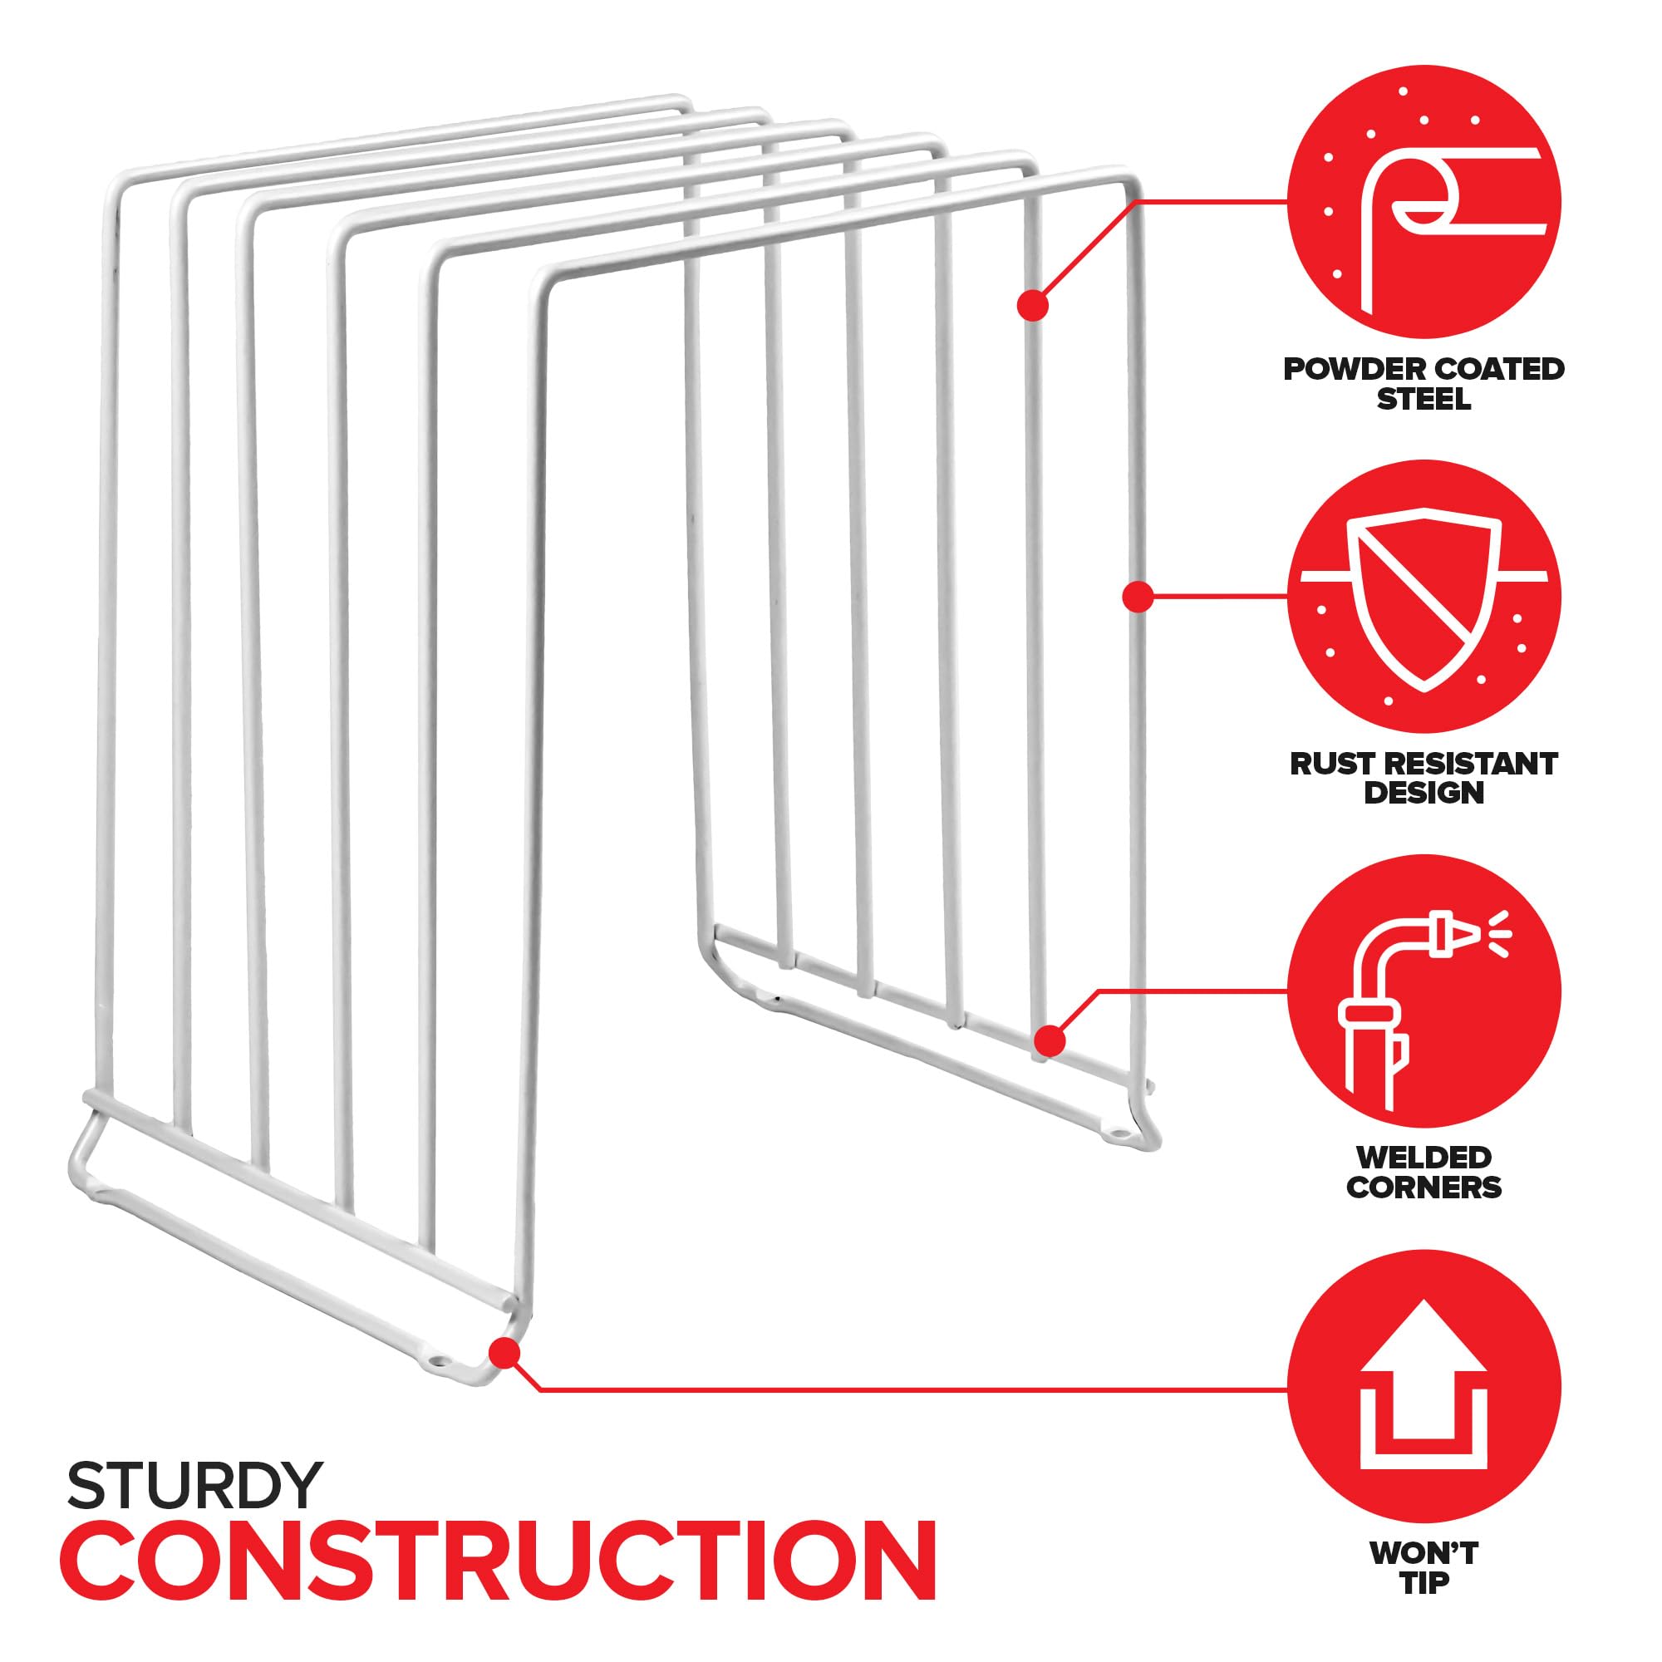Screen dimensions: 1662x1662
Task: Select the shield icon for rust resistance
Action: [x=1424, y=597]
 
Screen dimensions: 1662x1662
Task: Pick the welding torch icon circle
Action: [x=1424, y=991]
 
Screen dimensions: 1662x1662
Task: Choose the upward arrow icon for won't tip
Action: [x=1424, y=1389]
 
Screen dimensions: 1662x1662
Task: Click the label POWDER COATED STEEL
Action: [x=1424, y=384]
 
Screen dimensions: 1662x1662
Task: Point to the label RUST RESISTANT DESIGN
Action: [x=1424, y=778]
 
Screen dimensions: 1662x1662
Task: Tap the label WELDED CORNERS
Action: [x=1424, y=1172]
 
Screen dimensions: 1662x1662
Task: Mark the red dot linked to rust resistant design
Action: [x=1138, y=596]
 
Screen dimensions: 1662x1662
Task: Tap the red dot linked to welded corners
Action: [x=1050, y=1041]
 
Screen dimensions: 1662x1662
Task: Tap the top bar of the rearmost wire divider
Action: [x=396, y=140]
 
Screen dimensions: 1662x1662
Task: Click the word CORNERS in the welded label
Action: [x=1424, y=1187]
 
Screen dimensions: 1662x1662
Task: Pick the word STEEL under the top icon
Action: [x=1424, y=399]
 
